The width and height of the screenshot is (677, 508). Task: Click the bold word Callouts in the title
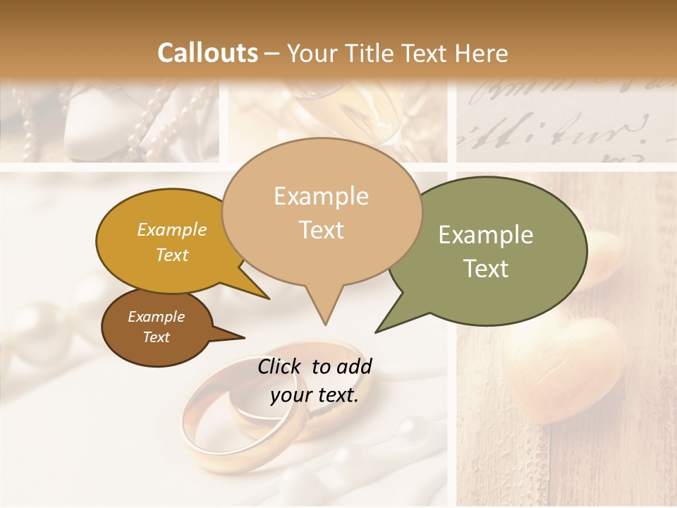click(207, 53)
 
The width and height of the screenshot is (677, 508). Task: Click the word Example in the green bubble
click(485, 235)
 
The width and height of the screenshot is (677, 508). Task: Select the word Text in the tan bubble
click(321, 230)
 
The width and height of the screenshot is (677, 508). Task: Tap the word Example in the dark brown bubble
click(156, 317)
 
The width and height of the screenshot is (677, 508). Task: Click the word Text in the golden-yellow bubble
click(172, 255)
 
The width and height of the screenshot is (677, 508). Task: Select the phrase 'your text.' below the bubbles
click(315, 395)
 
